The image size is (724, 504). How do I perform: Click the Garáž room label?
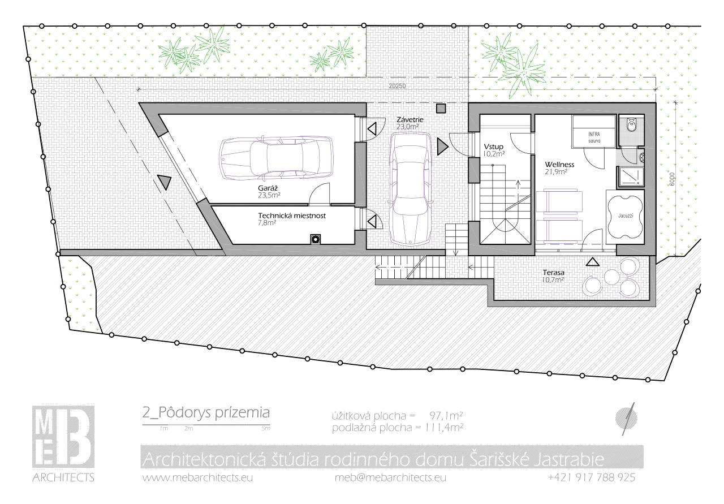pos(268,188)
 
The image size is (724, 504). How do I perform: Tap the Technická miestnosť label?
pos(292,216)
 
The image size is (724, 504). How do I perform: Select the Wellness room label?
pos(559,165)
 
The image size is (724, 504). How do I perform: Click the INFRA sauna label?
pos(594,137)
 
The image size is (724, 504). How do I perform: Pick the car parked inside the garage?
pos(277,158)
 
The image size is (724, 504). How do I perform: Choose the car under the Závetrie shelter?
pos(411,189)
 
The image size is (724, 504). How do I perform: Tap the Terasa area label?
pos(554,273)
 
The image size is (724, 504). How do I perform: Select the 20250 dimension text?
pos(397,87)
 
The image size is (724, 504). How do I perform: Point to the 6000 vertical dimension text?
pos(671,179)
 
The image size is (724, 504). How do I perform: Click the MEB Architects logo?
pos(63,443)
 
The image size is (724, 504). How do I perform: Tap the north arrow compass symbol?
pos(627,419)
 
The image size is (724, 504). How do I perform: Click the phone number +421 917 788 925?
pos(592,477)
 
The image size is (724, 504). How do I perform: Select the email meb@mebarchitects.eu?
pos(390,477)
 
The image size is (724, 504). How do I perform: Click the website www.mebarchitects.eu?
pos(197,477)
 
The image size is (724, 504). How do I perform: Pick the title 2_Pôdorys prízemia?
pos(206,413)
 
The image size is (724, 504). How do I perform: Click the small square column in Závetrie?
pos(441,108)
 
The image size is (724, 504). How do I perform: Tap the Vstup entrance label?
pos(494,147)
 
